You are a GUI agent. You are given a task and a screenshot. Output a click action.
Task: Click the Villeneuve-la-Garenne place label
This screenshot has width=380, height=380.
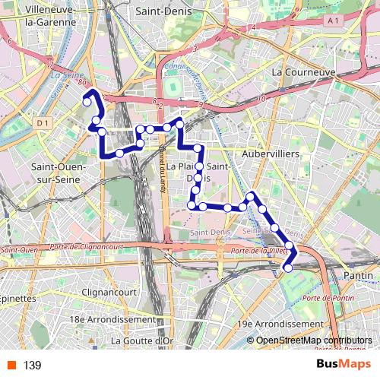[40, 16]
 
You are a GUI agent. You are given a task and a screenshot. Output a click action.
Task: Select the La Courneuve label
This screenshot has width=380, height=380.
[303, 72]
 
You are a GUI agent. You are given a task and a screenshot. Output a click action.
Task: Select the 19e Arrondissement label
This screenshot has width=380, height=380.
[280, 324]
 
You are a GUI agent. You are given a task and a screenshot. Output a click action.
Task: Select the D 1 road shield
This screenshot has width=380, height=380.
[43, 122]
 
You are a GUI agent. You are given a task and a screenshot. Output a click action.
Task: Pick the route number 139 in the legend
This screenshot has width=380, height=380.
[32, 366]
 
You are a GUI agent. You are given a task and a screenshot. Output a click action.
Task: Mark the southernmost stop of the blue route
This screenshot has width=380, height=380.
[288, 267]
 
